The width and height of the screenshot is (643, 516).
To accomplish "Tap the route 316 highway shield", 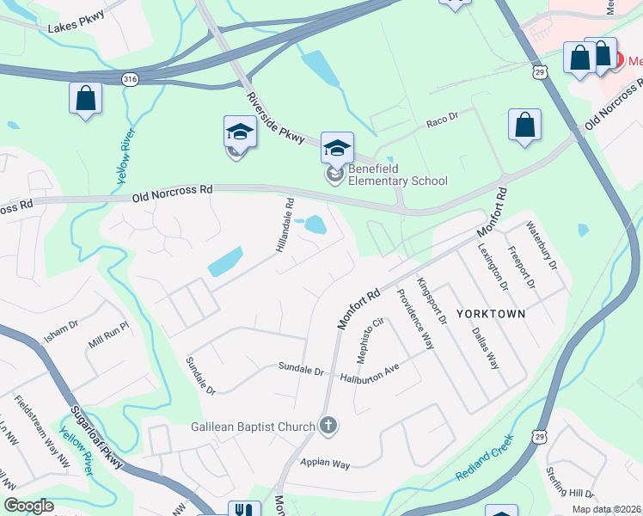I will (x=131, y=79).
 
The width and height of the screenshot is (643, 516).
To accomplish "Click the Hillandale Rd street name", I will (x=285, y=226).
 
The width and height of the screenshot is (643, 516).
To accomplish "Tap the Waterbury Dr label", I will (x=542, y=246).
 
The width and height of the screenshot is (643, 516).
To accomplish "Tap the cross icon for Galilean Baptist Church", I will (x=328, y=424).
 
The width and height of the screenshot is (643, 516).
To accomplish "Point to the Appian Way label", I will (x=325, y=464).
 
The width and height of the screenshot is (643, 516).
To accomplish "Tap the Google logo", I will (x=29, y=506).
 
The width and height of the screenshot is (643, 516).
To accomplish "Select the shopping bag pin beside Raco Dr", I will (x=524, y=126).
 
